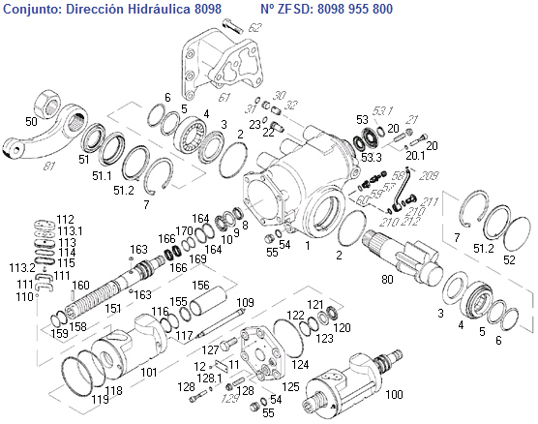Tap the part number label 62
254,28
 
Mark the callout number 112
65,219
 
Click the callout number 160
82,286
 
